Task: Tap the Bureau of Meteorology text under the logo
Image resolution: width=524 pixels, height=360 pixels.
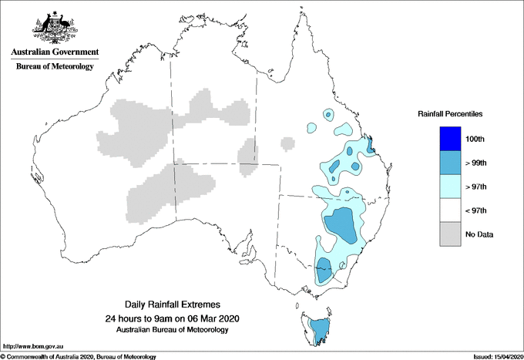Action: (54, 67)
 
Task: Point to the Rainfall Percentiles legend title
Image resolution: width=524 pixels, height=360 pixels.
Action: (450, 114)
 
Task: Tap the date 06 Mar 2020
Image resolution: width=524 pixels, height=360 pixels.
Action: (208, 318)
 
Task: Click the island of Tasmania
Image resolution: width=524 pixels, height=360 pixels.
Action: (317, 330)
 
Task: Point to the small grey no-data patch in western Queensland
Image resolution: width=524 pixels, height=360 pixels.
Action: (287, 143)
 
